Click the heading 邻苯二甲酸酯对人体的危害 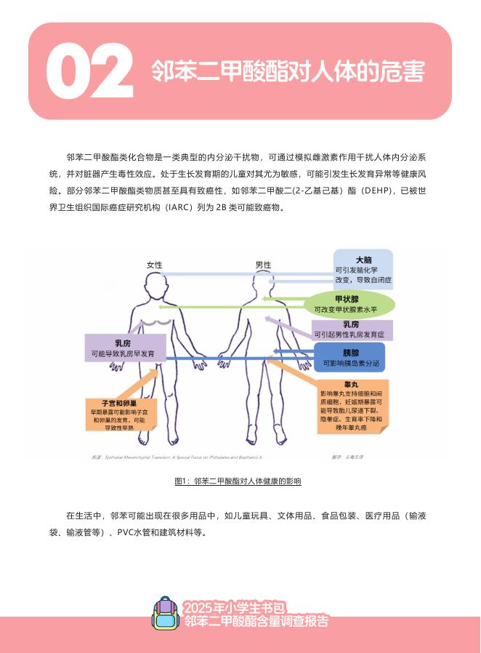pyautogui.click(x=288, y=71)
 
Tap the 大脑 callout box pyautogui.click(x=363, y=270)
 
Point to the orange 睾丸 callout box pyautogui.click(x=352, y=406)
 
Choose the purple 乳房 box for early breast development pyautogui.click(x=123, y=348)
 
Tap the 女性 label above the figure pyautogui.click(x=154, y=265)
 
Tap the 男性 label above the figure pyautogui.click(x=263, y=265)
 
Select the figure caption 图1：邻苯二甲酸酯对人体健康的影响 pyautogui.click(x=238, y=481)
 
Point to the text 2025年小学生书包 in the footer pyautogui.click(x=235, y=607)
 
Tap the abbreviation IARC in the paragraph pyautogui.click(x=179, y=207)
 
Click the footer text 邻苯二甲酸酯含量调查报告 pyautogui.click(x=256, y=621)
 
